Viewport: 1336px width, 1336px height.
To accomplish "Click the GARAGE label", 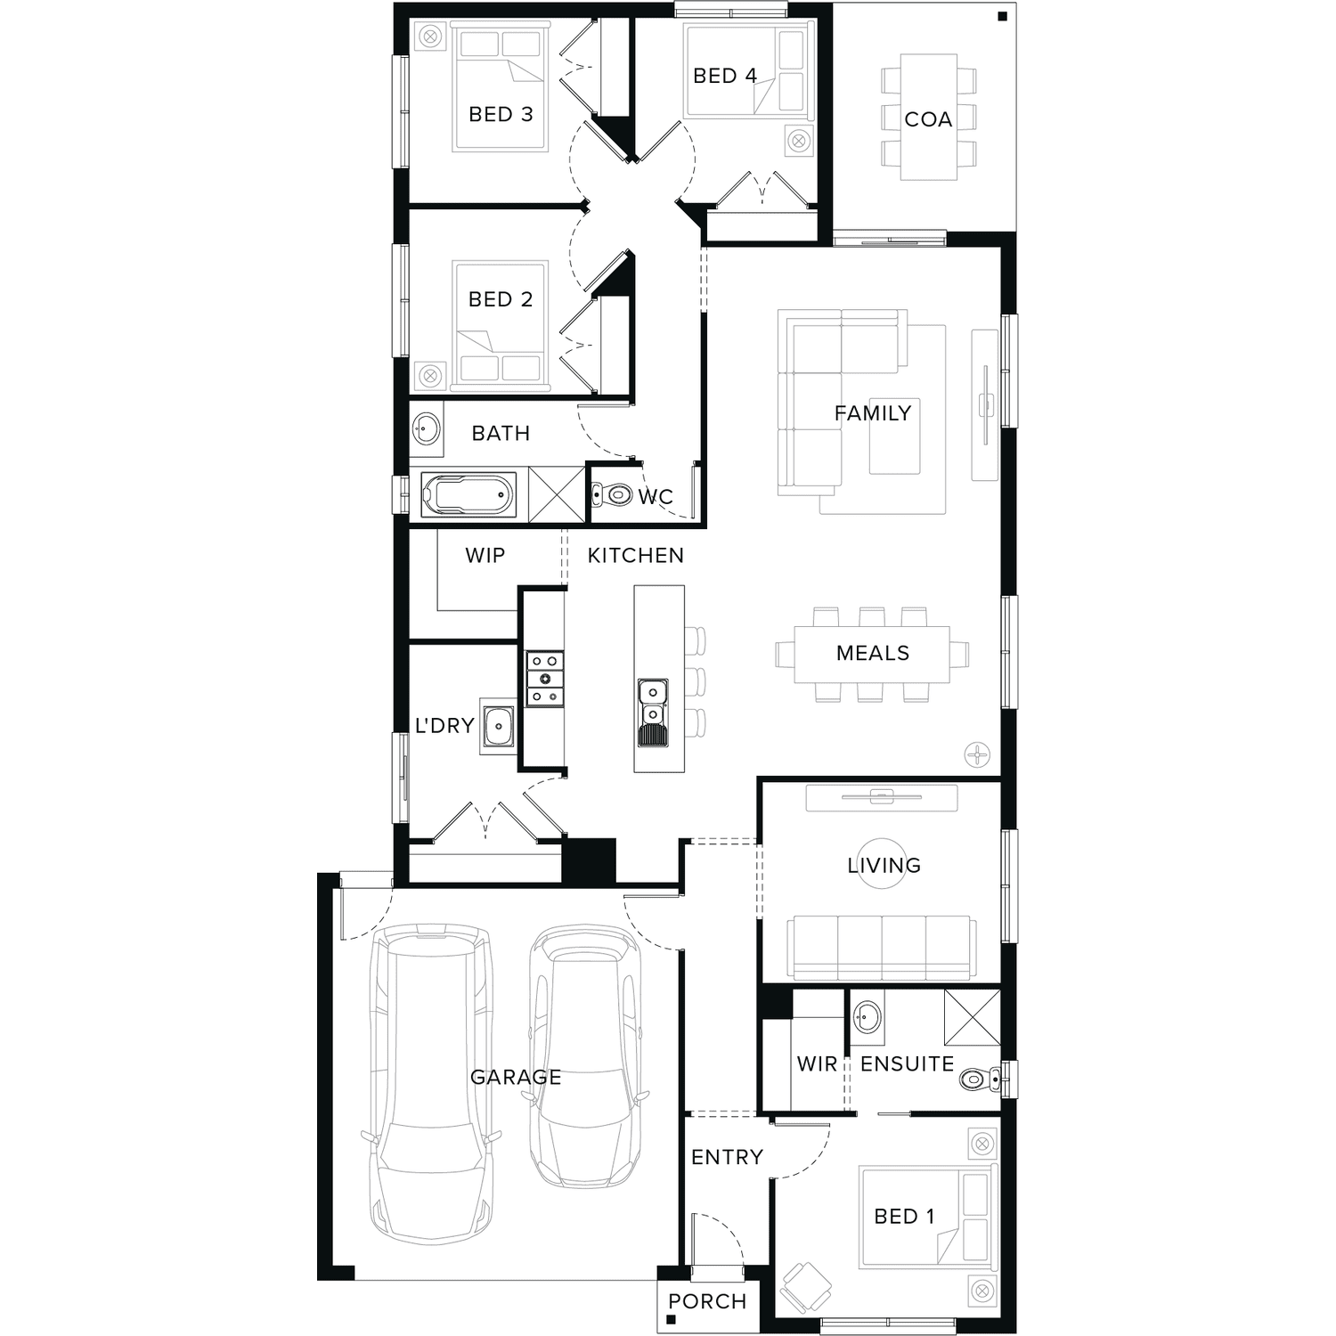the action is click(516, 1077).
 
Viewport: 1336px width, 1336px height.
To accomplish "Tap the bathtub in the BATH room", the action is click(468, 494).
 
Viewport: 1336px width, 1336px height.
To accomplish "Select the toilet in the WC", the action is click(612, 494).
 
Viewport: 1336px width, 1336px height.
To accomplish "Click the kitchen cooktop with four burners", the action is click(544, 680).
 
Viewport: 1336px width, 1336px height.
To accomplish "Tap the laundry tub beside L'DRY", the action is click(499, 726).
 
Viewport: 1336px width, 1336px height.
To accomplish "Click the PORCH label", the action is click(707, 1301).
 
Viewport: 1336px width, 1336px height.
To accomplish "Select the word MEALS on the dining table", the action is click(873, 653).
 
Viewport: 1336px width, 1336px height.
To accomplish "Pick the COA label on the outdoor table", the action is click(928, 119).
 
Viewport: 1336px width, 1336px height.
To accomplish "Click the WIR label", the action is click(817, 1064).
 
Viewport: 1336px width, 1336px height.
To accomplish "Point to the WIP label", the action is click(485, 556).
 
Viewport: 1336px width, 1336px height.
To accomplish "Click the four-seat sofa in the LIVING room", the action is click(881, 948).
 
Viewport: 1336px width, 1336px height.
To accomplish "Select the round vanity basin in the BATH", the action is click(427, 429).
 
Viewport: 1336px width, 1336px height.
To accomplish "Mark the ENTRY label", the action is click(727, 1157).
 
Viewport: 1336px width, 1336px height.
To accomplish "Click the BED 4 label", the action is click(725, 76).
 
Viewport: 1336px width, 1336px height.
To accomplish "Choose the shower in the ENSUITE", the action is click(973, 1017).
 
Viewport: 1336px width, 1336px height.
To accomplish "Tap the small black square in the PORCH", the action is click(671, 1320).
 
